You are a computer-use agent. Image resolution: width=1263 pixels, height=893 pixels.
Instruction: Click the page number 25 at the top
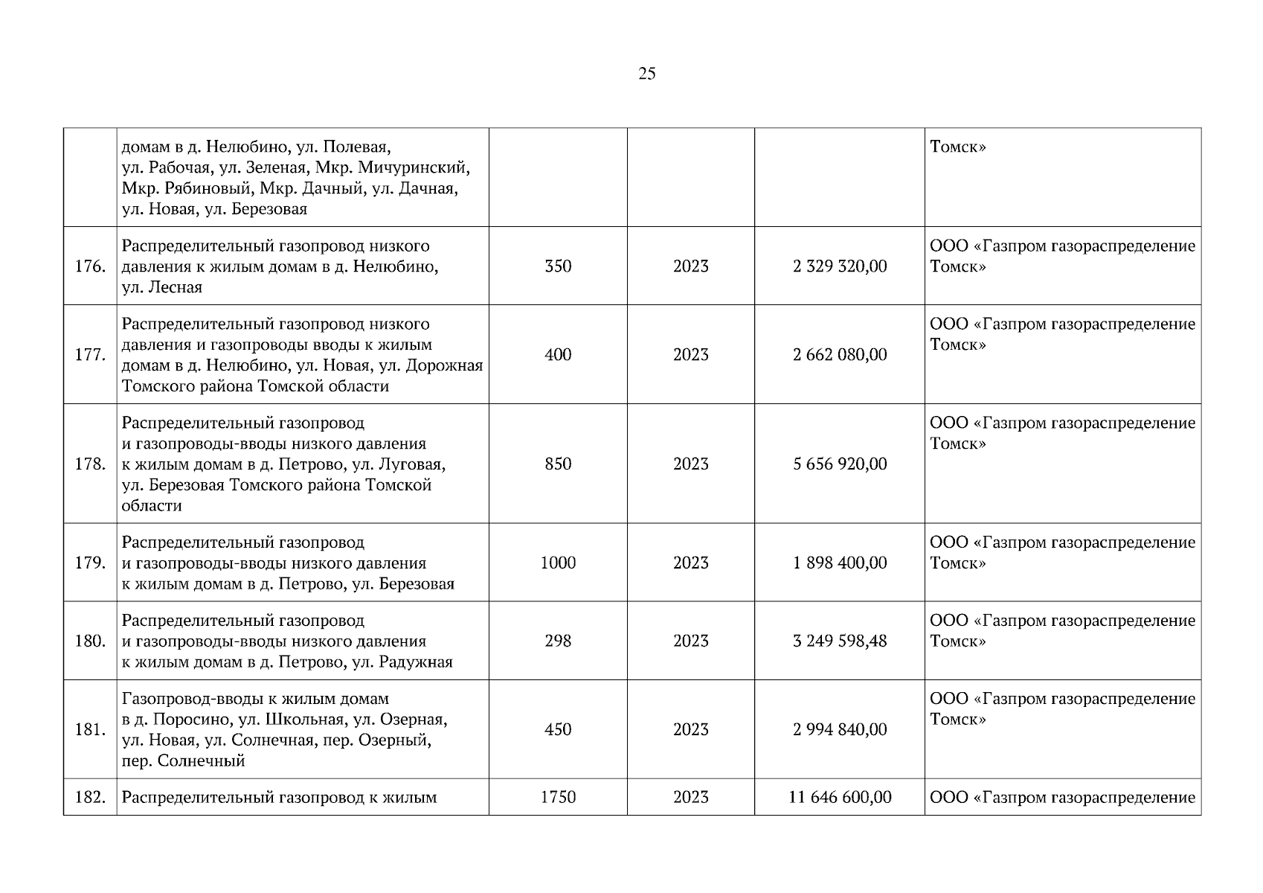(646, 73)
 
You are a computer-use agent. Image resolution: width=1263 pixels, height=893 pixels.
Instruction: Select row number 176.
(89, 266)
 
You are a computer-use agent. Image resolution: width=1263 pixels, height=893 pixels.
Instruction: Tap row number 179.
(89, 563)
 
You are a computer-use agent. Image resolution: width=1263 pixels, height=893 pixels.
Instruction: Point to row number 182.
(89, 797)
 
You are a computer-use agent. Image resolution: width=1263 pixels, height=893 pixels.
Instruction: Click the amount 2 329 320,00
(840, 266)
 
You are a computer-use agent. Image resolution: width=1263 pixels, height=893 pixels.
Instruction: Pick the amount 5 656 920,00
(840, 464)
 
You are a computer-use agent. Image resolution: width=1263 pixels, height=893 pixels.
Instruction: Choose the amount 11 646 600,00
(840, 797)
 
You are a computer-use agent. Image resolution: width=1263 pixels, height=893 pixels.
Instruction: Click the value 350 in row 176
(558, 266)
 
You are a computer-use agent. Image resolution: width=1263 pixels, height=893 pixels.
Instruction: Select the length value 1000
(558, 563)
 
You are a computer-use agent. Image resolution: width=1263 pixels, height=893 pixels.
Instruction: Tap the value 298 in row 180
(558, 641)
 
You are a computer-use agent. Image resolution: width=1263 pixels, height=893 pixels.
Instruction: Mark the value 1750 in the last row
(558, 797)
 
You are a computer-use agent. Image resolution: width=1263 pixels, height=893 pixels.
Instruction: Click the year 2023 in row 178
(691, 464)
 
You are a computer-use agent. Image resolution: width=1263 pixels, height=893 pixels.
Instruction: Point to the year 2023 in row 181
(691, 729)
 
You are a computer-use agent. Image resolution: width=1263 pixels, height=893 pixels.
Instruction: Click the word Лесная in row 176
(176, 287)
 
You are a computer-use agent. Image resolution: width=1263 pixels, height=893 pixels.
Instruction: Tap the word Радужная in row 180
(416, 662)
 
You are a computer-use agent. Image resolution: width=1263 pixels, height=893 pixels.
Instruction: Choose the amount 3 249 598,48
(840, 641)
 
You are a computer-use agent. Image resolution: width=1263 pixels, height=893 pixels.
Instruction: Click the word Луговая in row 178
(412, 464)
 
